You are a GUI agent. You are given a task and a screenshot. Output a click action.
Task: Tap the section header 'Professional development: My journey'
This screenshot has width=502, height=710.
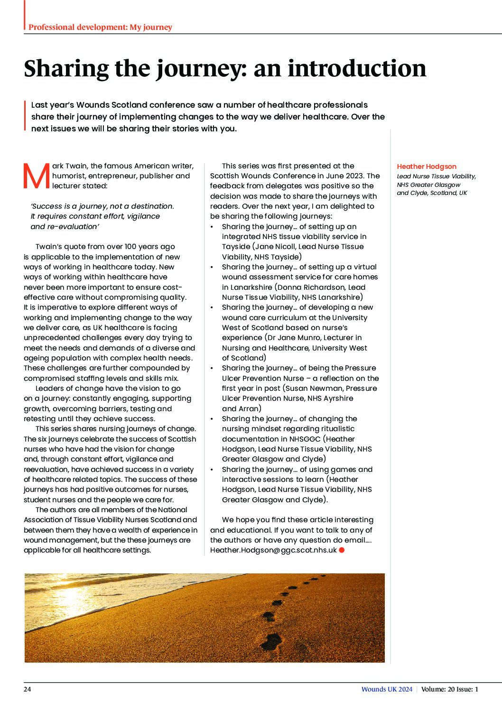[x=100, y=28]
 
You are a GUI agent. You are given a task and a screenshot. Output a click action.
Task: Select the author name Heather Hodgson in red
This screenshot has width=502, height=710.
[x=427, y=166]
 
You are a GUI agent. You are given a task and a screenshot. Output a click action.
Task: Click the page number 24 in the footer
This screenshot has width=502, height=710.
[x=28, y=689]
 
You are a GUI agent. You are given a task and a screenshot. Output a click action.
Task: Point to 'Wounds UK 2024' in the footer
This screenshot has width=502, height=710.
[x=387, y=689]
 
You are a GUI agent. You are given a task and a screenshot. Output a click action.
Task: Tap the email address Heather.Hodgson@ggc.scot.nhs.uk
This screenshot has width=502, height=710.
[x=273, y=550]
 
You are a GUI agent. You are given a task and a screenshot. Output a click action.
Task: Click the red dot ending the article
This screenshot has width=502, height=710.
[x=342, y=550]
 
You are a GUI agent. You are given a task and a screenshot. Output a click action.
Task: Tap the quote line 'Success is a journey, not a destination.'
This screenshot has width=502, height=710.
[x=102, y=206]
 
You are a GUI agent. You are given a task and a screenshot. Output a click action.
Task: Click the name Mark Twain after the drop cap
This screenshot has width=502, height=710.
[x=70, y=166]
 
